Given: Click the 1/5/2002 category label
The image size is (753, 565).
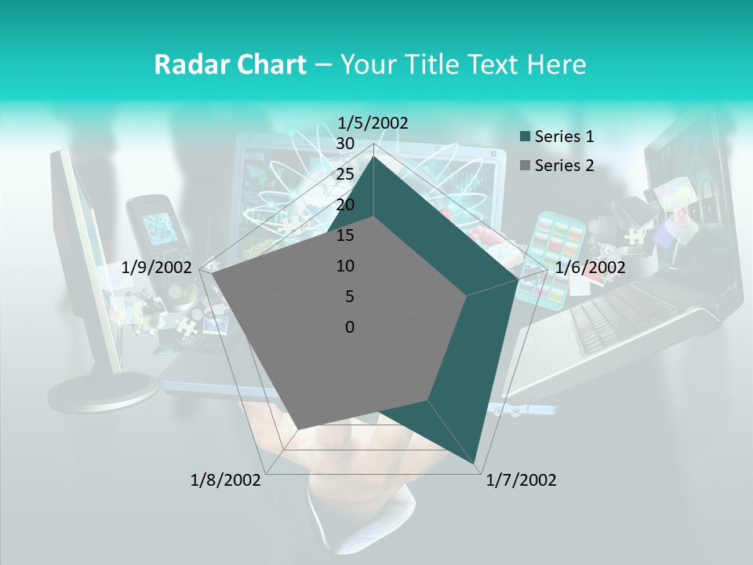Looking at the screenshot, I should pyautogui.click(x=373, y=123).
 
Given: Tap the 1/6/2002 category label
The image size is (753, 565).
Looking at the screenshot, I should pyautogui.click(x=590, y=268).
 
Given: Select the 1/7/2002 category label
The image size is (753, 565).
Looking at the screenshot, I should pyautogui.click(x=521, y=480).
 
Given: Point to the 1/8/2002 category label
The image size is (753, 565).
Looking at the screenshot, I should pyautogui.click(x=226, y=480).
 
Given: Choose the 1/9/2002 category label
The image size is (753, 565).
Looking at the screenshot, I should pyautogui.click(x=157, y=268).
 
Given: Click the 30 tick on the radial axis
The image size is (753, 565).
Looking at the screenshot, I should pyautogui.click(x=345, y=144).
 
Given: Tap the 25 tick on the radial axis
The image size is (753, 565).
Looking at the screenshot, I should pyautogui.click(x=345, y=174).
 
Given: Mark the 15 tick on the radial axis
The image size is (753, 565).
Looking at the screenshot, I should pyautogui.click(x=345, y=235).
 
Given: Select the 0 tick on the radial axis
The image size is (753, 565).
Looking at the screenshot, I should pyautogui.click(x=350, y=327).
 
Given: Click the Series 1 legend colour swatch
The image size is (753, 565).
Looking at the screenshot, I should pyautogui.click(x=525, y=137).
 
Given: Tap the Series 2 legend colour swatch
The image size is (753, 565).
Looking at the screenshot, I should pyautogui.click(x=525, y=166).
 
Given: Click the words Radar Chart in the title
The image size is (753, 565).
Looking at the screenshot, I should pyautogui.click(x=230, y=64).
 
